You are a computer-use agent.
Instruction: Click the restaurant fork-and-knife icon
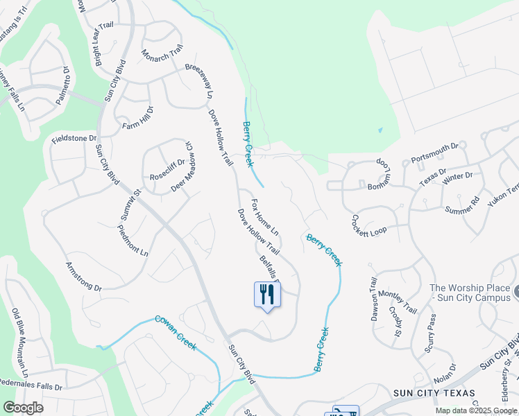click(x=267, y=295)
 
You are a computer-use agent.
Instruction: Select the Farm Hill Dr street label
click(x=137, y=118)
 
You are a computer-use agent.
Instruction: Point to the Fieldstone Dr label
click(x=74, y=139)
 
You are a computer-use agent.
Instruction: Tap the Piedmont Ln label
click(x=133, y=240)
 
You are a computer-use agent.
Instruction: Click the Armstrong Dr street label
click(x=83, y=276)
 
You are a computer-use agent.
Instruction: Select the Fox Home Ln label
click(x=264, y=217)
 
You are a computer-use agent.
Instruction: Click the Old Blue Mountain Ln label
click(x=22, y=339)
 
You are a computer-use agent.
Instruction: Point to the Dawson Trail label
click(x=374, y=299)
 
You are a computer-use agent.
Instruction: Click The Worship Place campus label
click(x=470, y=293)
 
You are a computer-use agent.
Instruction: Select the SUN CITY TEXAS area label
click(x=434, y=392)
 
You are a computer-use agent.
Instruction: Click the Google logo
click(x=24, y=408)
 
